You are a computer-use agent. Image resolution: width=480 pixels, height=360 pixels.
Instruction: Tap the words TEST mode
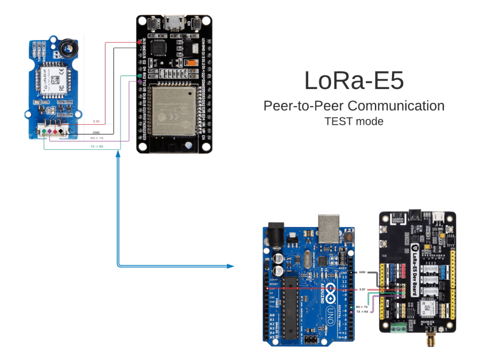pos(354,121)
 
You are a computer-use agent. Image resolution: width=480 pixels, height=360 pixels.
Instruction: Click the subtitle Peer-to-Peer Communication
pos(354,106)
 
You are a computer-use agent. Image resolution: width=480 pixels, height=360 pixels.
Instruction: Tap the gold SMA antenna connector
pos(430,338)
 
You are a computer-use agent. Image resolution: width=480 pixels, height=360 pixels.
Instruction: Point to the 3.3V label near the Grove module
pos(97,121)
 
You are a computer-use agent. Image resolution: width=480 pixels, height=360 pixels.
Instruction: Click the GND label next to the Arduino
pos(362,272)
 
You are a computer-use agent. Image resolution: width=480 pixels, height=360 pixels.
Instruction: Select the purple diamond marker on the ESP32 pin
pos(140,82)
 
